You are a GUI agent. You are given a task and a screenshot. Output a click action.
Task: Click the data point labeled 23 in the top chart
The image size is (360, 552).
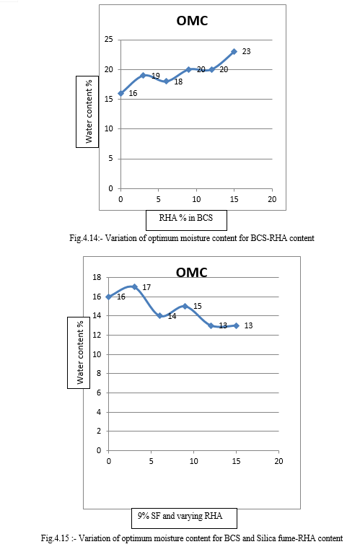(234, 52)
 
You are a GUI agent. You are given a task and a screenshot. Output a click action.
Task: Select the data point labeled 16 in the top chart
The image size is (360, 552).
(120, 93)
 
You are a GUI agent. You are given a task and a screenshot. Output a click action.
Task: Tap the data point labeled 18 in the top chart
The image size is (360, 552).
(166, 82)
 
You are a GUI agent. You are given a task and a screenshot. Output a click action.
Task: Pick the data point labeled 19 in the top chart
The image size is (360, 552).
(144, 75)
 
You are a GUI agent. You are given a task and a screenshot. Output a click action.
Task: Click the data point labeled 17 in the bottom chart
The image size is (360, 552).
(134, 287)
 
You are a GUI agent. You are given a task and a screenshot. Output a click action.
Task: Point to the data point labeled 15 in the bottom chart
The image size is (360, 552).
(185, 306)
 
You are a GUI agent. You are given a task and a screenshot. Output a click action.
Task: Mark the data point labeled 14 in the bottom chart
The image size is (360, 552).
(159, 316)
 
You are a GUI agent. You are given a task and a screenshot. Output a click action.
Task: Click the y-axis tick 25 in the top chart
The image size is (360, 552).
(109, 40)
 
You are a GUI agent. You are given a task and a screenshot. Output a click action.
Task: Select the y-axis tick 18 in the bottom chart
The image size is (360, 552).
(97, 277)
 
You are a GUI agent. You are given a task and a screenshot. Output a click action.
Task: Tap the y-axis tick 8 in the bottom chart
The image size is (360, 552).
(99, 374)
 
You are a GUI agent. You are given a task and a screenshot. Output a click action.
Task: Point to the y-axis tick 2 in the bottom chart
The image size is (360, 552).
(99, 431)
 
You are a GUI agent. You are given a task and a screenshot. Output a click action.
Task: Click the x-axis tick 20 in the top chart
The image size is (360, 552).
(272, 199)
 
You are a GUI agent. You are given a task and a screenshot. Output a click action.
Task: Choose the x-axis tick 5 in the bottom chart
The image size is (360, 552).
(152, 461)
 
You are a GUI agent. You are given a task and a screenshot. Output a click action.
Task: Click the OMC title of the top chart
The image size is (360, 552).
(192, 21)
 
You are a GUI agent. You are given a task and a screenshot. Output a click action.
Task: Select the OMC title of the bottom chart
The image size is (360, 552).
(192, 273)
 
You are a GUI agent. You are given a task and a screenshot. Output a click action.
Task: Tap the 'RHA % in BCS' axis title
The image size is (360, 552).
(186, 218)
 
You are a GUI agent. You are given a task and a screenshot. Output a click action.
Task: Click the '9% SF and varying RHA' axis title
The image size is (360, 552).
(180, 516)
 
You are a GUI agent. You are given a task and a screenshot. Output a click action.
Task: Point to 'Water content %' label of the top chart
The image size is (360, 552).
(88, 111)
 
